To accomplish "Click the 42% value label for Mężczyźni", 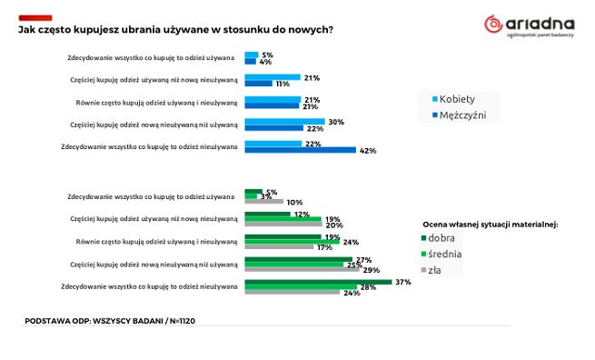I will [367, 150].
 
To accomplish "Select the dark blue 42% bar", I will [301, 150].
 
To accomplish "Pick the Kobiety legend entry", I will [457, 99].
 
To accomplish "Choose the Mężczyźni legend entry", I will [462, 115].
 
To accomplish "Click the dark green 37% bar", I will [318, 282].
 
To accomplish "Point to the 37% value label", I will [403, 282].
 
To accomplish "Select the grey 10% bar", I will [264, 202].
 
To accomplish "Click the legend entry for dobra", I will [442, 238].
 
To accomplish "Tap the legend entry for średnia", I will [445, 254].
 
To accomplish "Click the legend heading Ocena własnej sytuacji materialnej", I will [490, 223].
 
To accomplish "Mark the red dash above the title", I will [35, 17].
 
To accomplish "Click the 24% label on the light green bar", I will [351, 242].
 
